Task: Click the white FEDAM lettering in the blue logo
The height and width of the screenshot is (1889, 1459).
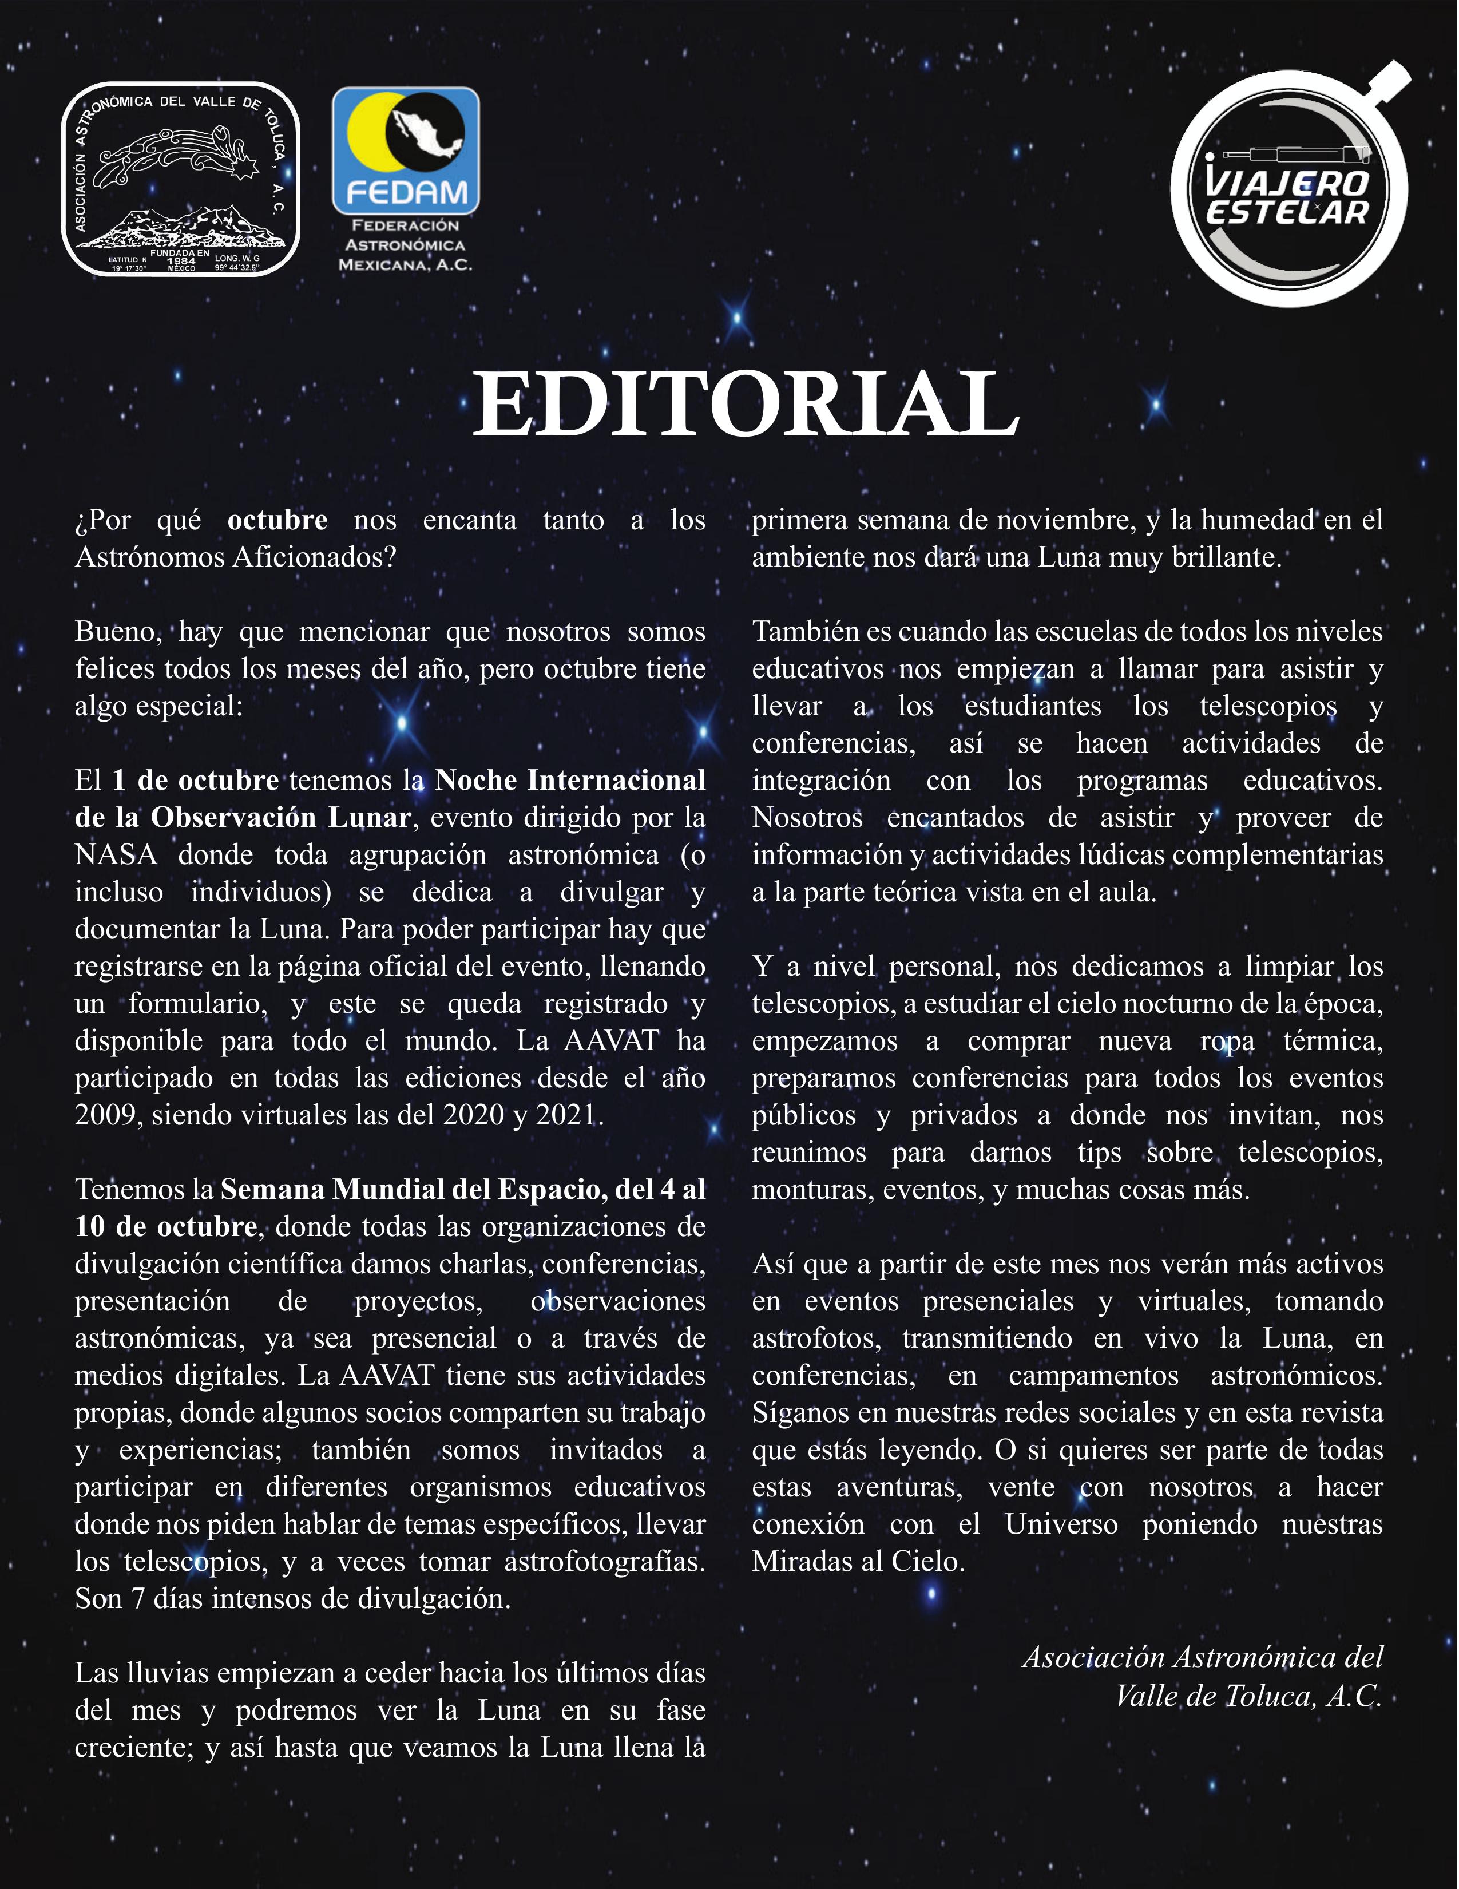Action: tap(406, 192)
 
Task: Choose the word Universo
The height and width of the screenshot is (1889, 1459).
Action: tap(1060, 1524)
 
